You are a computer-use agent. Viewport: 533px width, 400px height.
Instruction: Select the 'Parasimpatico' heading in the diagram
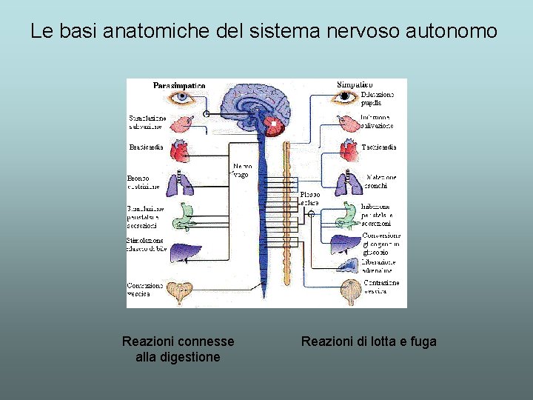(x=179, y=86)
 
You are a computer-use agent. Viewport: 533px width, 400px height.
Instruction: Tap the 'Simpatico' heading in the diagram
(x=355, y=85)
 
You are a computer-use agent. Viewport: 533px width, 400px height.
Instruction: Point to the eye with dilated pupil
(x=344, y=97)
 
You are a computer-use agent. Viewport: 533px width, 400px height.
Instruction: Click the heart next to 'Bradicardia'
(x=180, y=150)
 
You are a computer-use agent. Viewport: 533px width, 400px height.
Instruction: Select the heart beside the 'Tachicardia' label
(x=348, y=150)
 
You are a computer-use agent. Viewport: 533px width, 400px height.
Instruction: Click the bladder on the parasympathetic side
(x=180, y=292)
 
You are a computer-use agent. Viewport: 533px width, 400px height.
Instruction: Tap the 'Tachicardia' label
(x=379, y=147)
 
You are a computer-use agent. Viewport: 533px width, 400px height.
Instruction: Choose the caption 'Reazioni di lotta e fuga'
(x=369, y=341)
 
